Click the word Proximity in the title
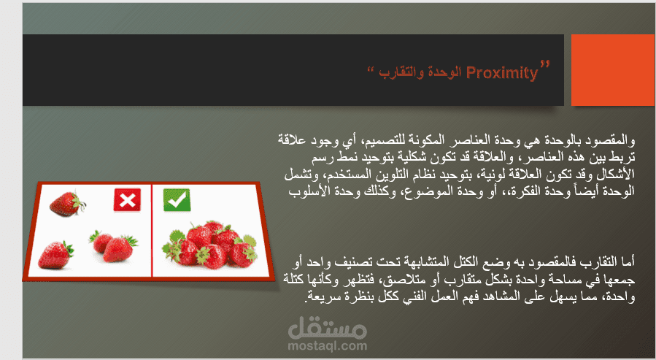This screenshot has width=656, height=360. coord(501,73)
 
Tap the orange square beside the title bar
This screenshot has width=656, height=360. coord(613,70)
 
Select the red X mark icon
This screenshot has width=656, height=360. coord(127,200)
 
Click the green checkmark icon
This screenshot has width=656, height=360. coord(177,200)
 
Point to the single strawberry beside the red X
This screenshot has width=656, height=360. coord(67,204)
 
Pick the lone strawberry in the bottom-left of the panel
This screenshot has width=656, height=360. coord(55,255)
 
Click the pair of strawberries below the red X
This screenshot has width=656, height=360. coord(113,246)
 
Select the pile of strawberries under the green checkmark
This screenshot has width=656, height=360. coord(210,245)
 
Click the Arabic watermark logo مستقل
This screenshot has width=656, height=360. coord(327,328)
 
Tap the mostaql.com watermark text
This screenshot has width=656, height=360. coord(327,346)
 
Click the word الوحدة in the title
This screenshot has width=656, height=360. coord(444,73)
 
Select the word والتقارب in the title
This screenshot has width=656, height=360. coord(401,73)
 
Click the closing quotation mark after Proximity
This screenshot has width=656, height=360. coord(544,64)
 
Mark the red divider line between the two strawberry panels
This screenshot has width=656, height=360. coord(152,230)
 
